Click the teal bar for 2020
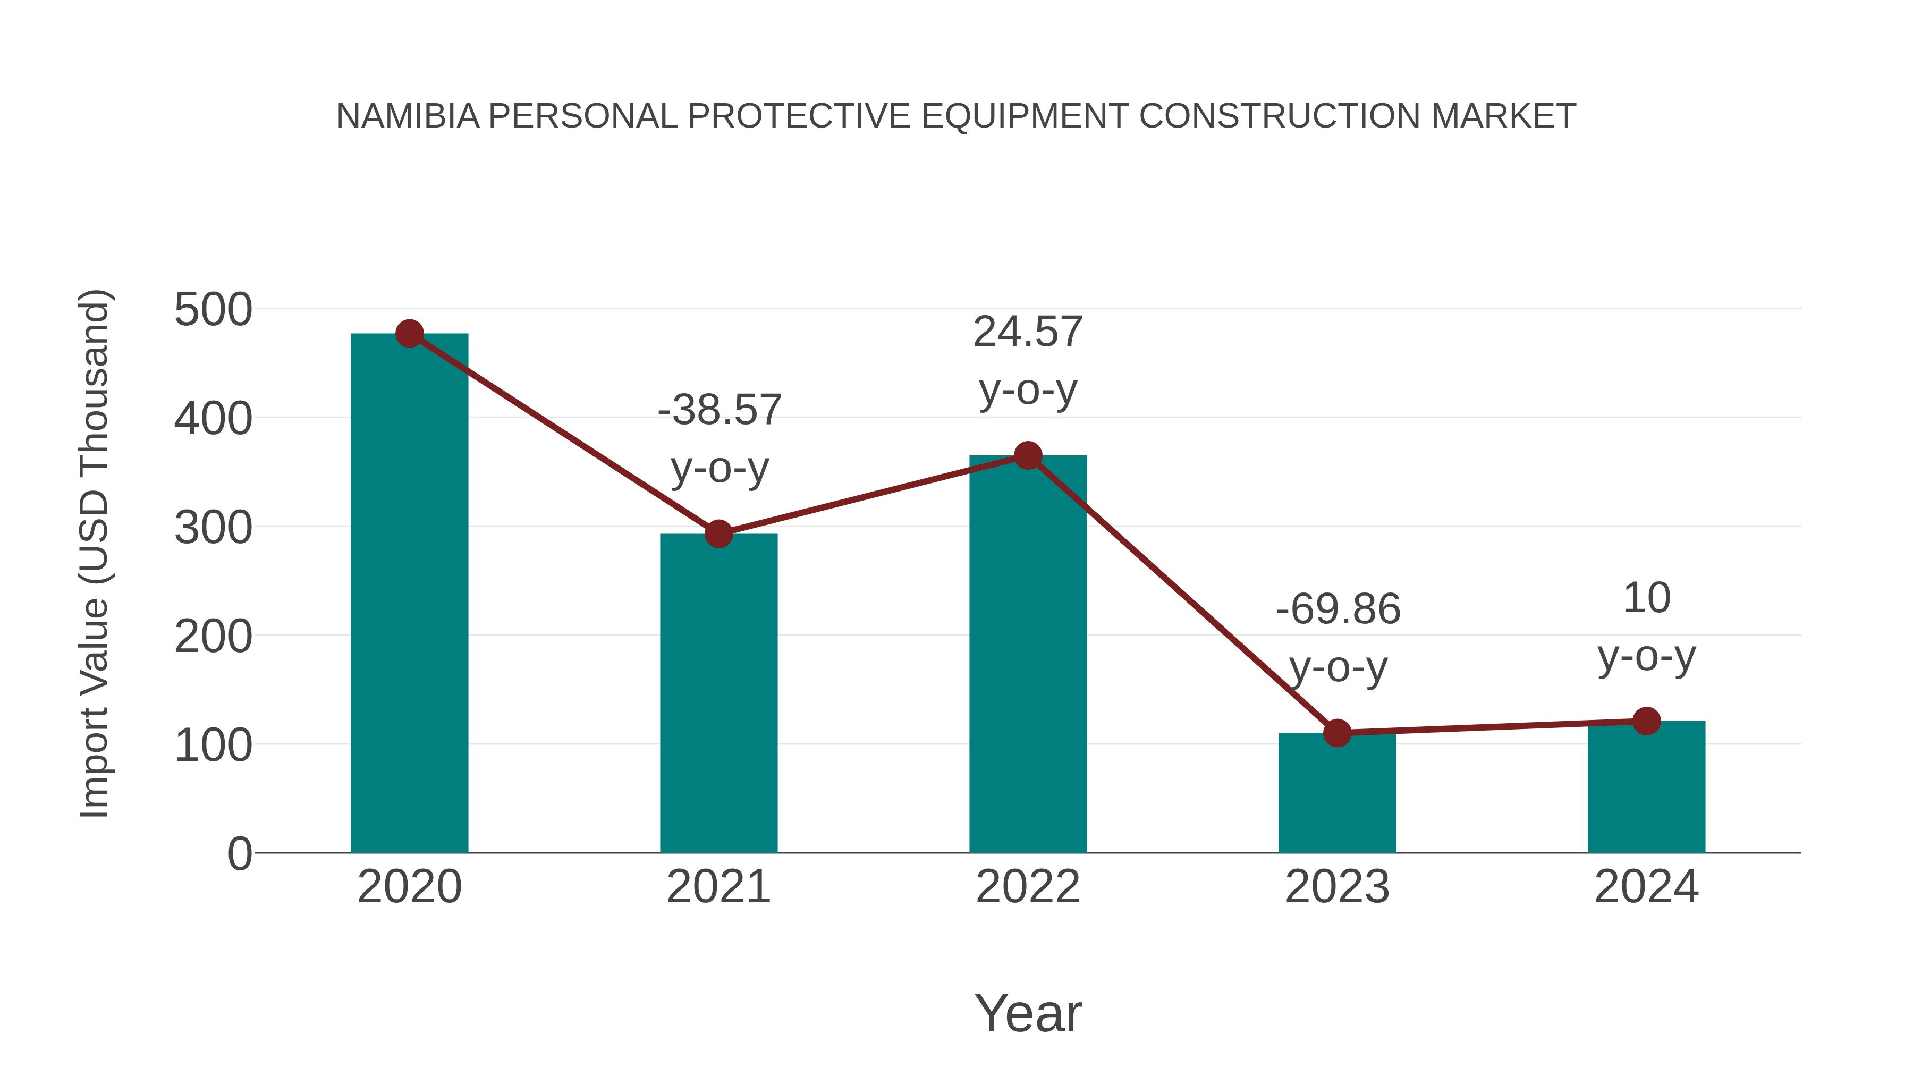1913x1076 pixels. (409, 594)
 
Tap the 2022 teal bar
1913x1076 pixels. (1028, 654)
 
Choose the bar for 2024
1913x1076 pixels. (1646, 787)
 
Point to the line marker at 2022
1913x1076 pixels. (1028, 455)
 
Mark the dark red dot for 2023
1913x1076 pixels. (1337, 733)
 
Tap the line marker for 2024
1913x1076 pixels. (1646, 721)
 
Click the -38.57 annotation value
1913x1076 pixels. (719, 410)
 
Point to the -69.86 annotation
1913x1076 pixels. (1338, 609)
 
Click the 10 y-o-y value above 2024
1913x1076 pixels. (1646, 598)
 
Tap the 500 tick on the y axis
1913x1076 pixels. (213, 310)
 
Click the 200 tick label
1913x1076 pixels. (213, 637)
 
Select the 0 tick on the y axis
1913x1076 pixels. (239, 853)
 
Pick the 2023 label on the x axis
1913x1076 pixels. (1337, 887)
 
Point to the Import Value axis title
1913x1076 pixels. (94, 553)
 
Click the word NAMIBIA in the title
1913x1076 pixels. (408, 116)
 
